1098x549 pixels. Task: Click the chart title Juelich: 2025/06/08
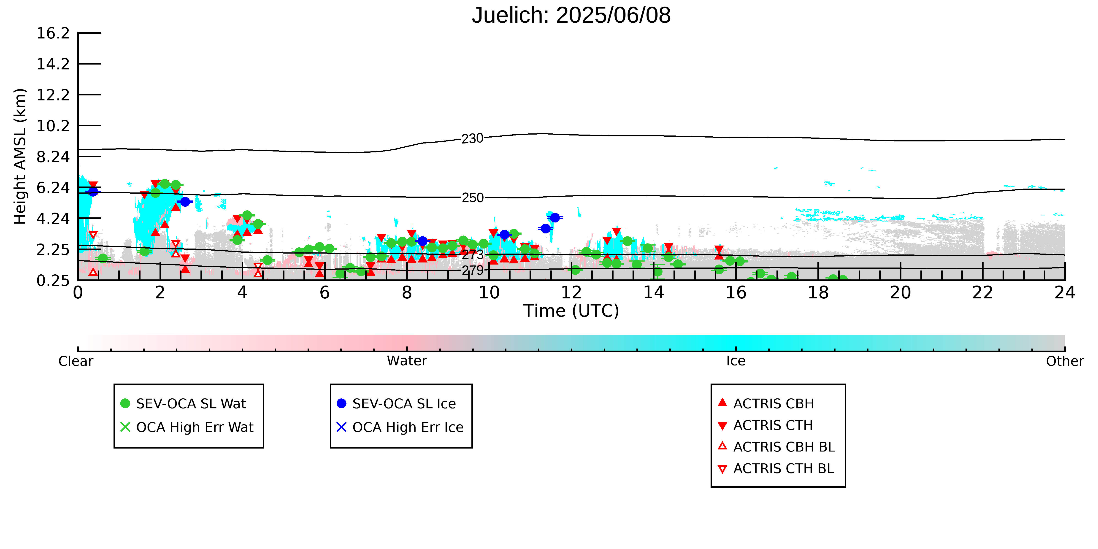click(x=571, y=15)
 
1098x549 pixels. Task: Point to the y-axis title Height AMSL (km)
click(x=20, y=157)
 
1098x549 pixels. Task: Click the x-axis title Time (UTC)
click(x=571, y=311)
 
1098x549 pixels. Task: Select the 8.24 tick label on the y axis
click(x=53, y=157)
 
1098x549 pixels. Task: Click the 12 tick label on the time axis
click(x=571, y=292)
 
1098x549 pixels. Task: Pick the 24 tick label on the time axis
click(x=1065, y=292)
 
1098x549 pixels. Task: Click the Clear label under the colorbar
click(x=76, y=361)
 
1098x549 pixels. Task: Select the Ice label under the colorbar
click(x=736, y=361)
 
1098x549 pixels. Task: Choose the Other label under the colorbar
click(x=1065, y=361)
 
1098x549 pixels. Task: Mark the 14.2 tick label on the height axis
click(x=53, y=64)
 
